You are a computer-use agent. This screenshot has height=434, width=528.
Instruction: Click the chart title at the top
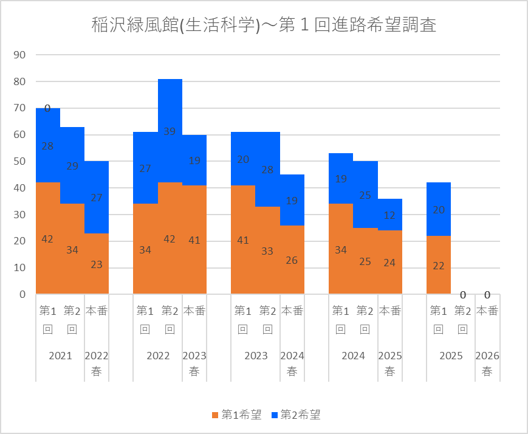264,26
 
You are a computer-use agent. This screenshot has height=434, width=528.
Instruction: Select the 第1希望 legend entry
237,415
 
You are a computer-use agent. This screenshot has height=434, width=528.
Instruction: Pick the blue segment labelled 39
170,131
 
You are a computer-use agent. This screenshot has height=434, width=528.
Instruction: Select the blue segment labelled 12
390,214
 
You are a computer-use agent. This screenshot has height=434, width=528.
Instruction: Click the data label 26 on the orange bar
292,260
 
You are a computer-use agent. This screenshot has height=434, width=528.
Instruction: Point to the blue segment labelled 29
72,165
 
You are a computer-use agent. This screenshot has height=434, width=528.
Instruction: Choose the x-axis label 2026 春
487,363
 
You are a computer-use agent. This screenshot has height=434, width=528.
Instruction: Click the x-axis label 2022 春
97,363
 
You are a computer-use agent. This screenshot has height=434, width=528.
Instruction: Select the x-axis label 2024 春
292,363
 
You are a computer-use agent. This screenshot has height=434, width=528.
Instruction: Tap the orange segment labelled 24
390,262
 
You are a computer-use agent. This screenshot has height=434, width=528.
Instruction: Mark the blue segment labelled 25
365,195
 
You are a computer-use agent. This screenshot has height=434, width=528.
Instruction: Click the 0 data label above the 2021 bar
47,108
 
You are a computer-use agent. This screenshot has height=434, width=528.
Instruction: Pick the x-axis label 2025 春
390,363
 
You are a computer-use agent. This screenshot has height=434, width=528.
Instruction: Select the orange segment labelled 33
267,250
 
